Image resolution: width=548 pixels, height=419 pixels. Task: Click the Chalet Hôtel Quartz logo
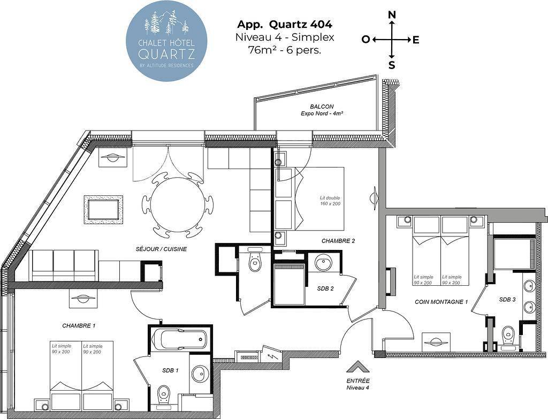point(166,41)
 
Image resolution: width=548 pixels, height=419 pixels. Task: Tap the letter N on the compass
point(392,14)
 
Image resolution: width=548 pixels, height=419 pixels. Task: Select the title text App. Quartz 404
point(285,25)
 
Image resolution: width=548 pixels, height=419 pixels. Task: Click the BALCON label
point(322,106)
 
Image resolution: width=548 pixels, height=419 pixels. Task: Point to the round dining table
point(178,204)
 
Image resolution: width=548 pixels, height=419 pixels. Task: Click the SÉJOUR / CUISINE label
point(161,249)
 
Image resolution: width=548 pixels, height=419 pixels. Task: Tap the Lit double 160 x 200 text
point(330,201)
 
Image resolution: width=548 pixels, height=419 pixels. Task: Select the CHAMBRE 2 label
point(338,241)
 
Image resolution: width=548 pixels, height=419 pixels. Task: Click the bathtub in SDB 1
point(179,338)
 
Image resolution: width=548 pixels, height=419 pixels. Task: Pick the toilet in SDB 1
point(163,396)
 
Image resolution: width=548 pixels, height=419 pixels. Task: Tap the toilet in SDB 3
point(507,336)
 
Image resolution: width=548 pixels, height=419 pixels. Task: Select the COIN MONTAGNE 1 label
point(441,302)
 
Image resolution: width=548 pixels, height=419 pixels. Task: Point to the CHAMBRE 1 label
point(79,326)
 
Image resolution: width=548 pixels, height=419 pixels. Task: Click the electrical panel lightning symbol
point(271,356)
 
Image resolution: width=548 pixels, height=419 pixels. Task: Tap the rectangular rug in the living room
point(103,210)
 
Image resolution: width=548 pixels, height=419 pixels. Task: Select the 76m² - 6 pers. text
point(285,50)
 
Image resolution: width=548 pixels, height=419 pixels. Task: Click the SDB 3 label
point(507,300)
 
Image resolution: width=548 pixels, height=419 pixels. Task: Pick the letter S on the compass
point(392,65)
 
